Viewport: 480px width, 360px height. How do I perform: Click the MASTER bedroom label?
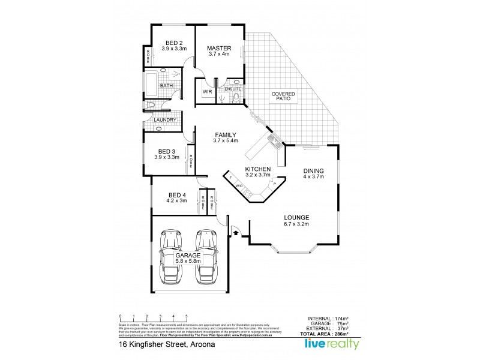[x=219, y=48]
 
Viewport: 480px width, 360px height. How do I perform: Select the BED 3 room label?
[x=167, y=151]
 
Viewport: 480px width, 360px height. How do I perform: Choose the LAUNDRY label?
[x=165, y=120]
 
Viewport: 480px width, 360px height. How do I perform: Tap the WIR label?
[x=207, y=92]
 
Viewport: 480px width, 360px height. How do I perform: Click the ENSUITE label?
[x=233, y=89]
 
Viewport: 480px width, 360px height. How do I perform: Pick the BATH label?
[x=166, y=86]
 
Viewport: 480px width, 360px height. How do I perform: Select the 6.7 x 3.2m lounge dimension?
[x=296, y=224]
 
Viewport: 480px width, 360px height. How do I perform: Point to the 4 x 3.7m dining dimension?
[x=313, y=177]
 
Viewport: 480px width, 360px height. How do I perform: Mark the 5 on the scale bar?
[x=187, y=316]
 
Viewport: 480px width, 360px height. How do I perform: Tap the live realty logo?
[x=333, y=344]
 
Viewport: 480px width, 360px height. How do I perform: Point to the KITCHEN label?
[x=258, y=170]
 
